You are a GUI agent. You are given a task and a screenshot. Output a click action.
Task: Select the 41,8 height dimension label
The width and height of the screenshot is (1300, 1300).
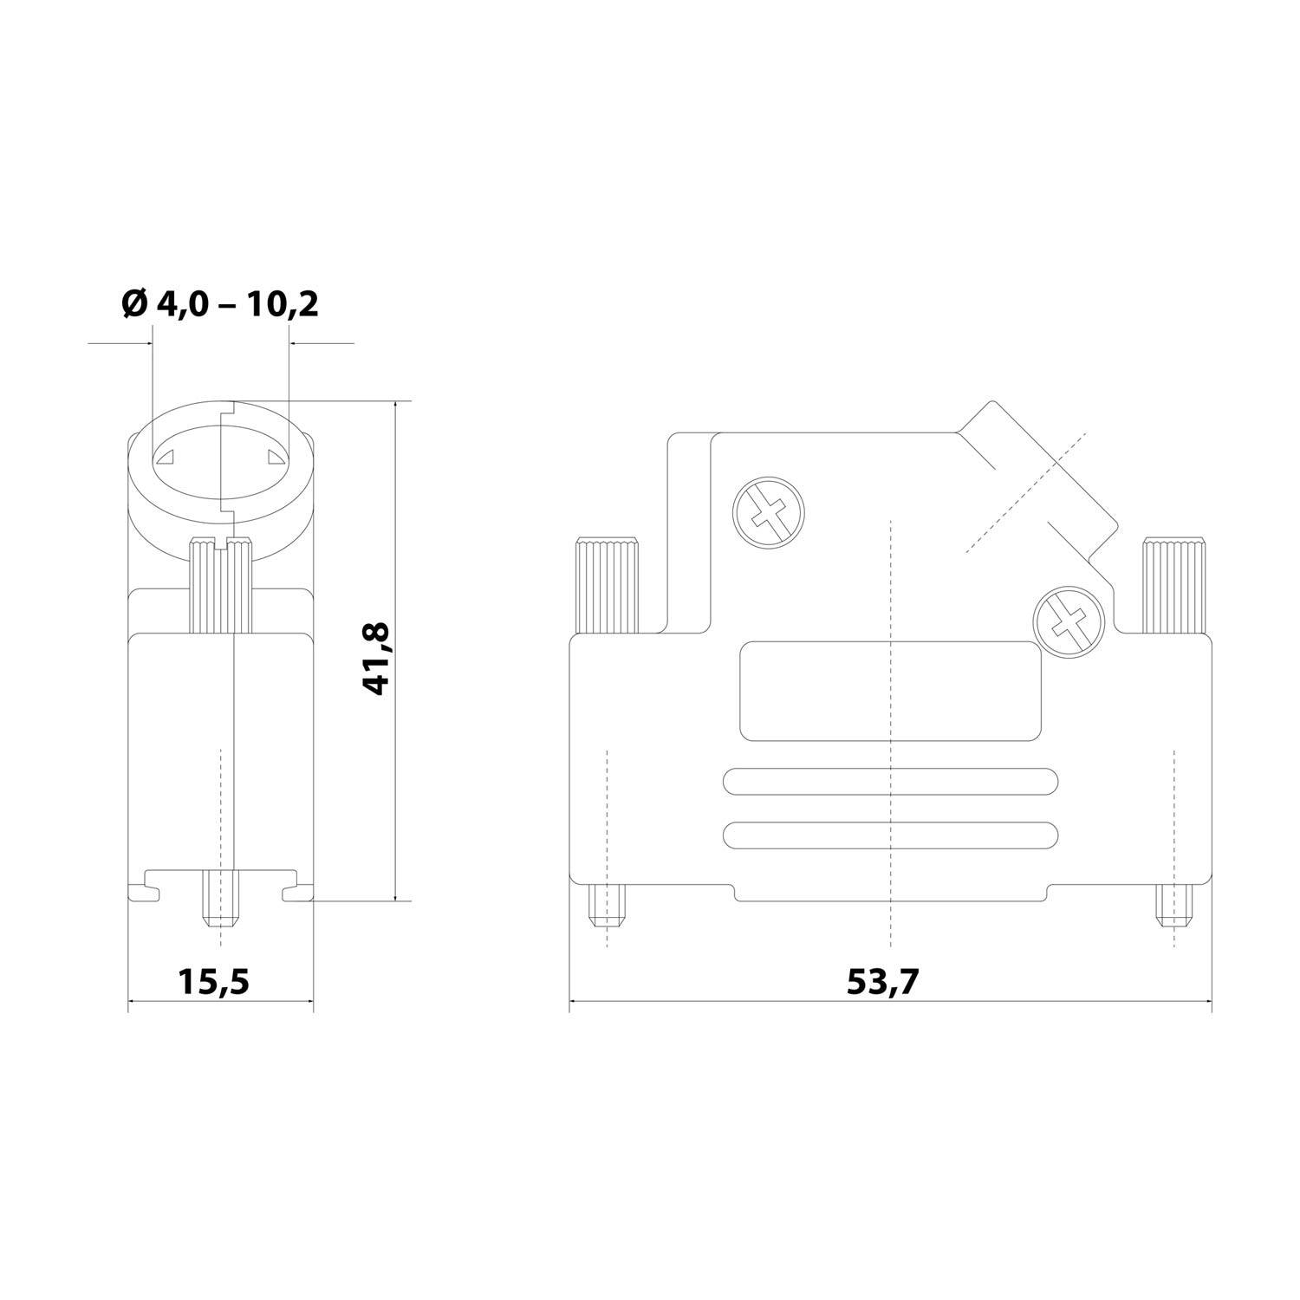click(x=378, y=659)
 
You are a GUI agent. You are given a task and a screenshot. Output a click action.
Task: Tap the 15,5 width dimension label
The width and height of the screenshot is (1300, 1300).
click(x=214, y=981)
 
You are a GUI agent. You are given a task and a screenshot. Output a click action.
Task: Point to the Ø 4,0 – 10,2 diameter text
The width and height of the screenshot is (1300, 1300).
click(x=220, y=303)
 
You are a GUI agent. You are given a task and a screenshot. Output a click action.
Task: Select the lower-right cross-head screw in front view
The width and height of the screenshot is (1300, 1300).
click(x=1068, y=621)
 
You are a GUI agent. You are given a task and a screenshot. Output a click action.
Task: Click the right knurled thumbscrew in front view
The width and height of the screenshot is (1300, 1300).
click(x=1173, y=588)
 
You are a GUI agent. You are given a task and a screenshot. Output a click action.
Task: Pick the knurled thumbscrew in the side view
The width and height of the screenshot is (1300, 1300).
click(x=221, y=585)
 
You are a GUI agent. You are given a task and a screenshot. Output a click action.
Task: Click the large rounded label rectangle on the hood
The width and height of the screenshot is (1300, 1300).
click(x=891, y=692)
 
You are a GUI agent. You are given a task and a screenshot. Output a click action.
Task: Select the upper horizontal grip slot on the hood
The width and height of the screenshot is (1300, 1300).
click(x=890, y=782)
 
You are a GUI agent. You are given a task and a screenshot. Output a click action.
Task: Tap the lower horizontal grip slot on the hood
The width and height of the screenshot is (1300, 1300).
click(x=890, y=835)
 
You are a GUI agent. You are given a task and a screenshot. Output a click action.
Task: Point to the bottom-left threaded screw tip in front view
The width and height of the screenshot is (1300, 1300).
click(x=607, y=905)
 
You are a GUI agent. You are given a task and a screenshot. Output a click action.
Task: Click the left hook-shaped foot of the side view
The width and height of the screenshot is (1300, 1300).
click(x=147, y=891)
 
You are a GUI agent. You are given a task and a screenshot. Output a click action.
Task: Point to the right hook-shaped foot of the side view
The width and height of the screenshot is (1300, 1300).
click(x=295, y=891)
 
